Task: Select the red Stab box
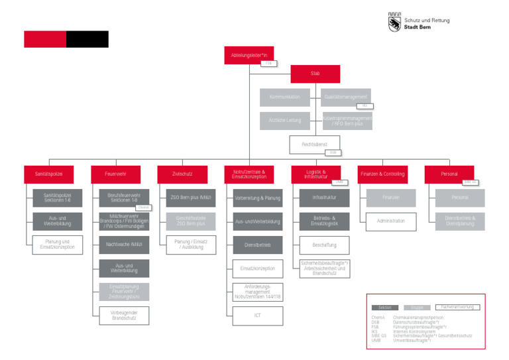(315, 73)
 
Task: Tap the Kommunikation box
(285, 97)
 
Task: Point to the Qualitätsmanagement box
(346, 97)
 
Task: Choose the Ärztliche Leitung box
(285, 121)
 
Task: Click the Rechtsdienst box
(315, 144)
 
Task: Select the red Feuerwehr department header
(115, 174)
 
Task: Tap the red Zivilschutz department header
(182, 174)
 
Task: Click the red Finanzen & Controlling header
(382, 174)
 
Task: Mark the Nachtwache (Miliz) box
(125, 245)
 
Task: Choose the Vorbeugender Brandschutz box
(125, 315)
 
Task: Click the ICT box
(257, 316)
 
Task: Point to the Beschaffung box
(324, 245)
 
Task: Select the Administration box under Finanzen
(390, 221)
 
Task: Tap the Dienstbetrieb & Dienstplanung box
(459, 221)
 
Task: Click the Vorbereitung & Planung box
(257, 198)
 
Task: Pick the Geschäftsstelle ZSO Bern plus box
(191, 221)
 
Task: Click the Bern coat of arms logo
(394, 23)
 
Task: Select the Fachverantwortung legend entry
(457, 307)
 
